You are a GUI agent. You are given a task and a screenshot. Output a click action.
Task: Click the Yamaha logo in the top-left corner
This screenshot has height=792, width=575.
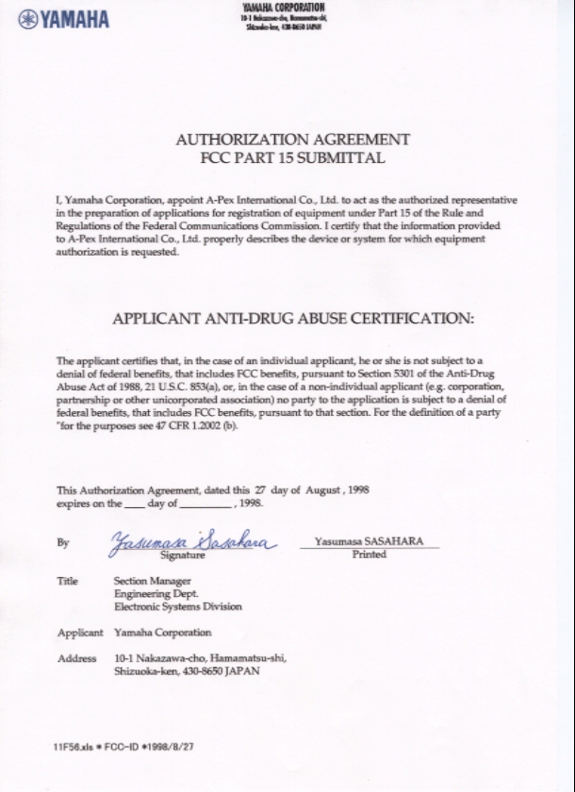(x=63, y=18)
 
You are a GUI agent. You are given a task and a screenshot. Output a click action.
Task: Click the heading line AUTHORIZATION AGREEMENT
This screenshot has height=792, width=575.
(x=293, y=140)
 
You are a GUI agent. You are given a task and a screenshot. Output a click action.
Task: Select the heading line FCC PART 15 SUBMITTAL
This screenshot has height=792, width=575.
(x=293, y=157)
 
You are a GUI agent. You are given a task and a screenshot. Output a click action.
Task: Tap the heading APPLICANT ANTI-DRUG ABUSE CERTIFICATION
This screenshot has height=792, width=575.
(x=293, y=318)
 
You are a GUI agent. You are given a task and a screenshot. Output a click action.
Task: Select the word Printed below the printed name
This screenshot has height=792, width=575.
(x=369, y=554)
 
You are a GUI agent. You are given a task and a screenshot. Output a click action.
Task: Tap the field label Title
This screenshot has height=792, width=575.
(x=67, y=581)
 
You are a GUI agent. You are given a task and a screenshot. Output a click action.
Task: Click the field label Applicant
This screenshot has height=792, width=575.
(x=79, y=632)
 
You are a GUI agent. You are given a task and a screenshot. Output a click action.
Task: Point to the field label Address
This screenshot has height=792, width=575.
(x=76, y=658)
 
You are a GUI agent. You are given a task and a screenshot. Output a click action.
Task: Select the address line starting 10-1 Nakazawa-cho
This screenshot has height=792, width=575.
(x=200, y=658)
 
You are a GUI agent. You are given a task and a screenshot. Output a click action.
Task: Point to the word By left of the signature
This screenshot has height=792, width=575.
(x=62, y=543)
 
